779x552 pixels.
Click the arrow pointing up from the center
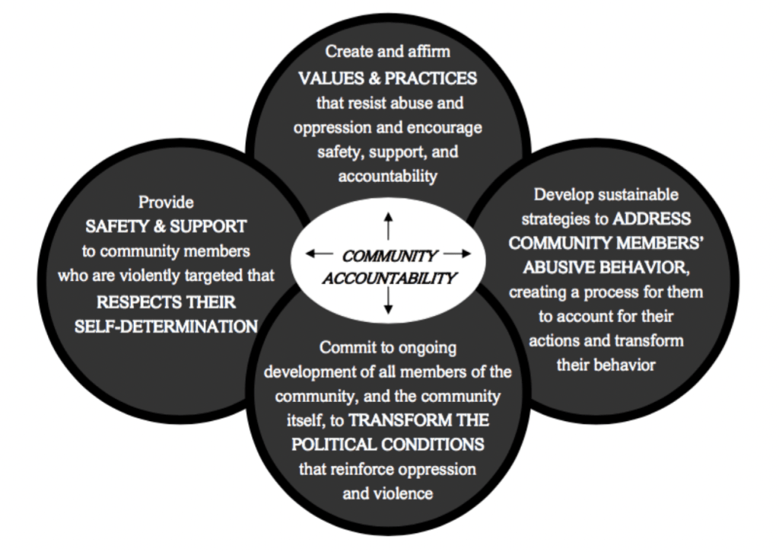[x=388, y=226]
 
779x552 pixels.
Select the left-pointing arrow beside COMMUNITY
[x=319, y=254]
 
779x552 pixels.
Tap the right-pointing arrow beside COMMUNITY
[x=457, y=254]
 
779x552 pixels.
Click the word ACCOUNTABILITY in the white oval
[x=388, y=278]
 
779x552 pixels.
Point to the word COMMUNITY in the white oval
[x=389, y=257]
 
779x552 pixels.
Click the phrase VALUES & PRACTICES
[x=388, y=78]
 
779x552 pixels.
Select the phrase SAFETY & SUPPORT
[x=166, y=226]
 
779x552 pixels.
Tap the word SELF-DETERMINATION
[x=166, y=326]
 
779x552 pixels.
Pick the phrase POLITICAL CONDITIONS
[x=388, y=445]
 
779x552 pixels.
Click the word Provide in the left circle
[x=166, y=202]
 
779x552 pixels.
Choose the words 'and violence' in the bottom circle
[x=388, y=493]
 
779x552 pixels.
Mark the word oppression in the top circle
[x=329, y=127]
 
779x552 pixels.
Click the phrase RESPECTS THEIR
[x=166, y=301]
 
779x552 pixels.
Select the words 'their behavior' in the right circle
[x=606, y=365]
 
